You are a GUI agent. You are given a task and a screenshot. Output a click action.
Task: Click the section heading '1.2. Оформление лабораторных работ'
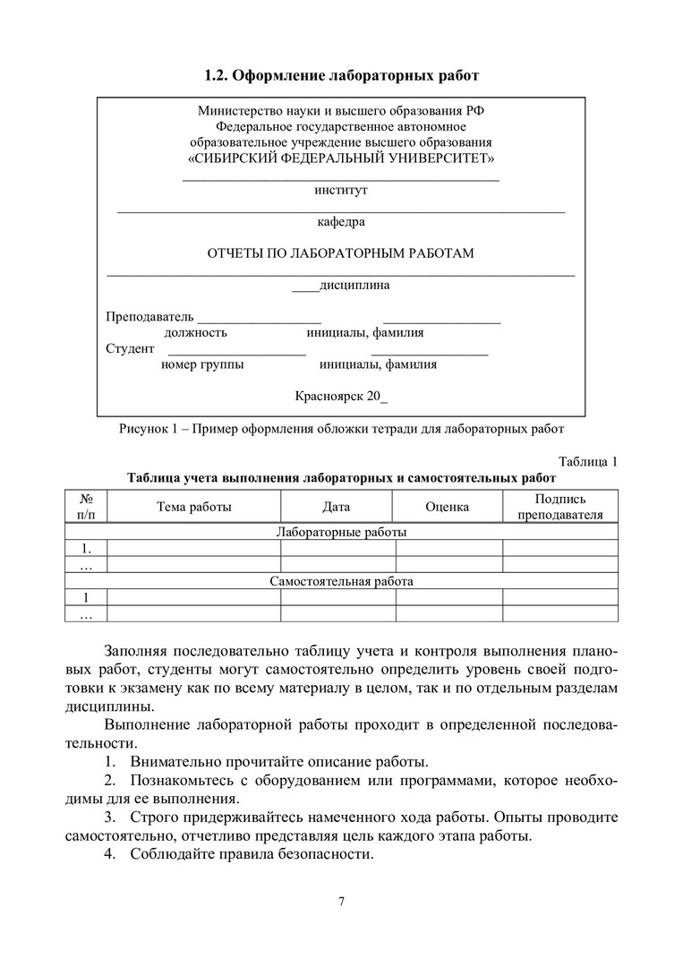click(x=341, y=75)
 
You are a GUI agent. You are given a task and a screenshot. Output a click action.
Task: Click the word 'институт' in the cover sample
click(x=341, y=190)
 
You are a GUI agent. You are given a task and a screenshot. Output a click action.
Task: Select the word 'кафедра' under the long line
click(x=341, y=221)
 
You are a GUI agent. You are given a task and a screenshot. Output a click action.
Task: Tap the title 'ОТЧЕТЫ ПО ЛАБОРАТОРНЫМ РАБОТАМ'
click(x=341, y=253)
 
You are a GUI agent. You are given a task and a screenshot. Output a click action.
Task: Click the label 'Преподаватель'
click(x=149, y=317)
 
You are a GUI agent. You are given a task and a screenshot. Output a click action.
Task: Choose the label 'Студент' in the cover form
click(x=131, y=348)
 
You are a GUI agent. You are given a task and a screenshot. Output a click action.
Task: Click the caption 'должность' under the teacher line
click(x=195, y=333)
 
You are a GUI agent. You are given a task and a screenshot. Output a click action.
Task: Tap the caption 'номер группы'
click(x=202, y=364)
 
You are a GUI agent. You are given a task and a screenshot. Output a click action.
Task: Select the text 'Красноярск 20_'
click(x=341, y=396)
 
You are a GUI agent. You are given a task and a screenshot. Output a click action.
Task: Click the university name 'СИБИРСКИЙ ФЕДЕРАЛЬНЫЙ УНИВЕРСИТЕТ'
click(x=341, y=158)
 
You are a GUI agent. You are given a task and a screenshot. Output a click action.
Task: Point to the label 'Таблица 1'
click(x=588, y=462)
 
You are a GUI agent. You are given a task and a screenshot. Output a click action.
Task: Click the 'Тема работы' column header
click(x=194, y=507)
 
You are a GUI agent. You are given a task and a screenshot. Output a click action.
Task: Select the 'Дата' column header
click(x=337, y=507)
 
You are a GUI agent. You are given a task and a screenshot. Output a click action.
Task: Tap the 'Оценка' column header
click(x=448, y=507)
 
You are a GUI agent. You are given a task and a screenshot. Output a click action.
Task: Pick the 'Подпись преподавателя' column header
click(x=560, y=507)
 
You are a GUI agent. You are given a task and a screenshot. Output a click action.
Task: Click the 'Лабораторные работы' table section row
click(x=341, y=532)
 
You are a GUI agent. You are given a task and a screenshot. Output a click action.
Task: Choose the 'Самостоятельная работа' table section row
click(x=341, y=581)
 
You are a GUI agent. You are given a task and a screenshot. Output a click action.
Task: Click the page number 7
click(x=341, y=901)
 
